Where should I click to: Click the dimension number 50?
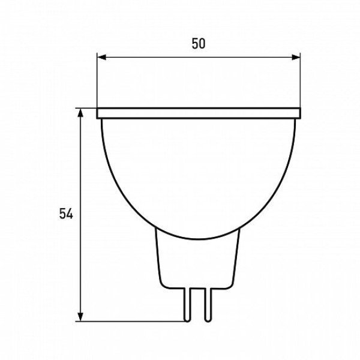tap(199, 44)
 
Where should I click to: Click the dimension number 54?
tap(66, 214)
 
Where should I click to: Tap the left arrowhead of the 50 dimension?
tap(102, 57)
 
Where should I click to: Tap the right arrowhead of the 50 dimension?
tap(296, 57)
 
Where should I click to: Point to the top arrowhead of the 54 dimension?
tap(80, 113)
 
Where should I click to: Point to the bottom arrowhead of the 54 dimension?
tap(80, 317)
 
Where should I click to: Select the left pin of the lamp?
tap(187, 304)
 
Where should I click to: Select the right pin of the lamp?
tap(208, 304)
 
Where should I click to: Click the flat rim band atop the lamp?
tap(199, 113)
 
